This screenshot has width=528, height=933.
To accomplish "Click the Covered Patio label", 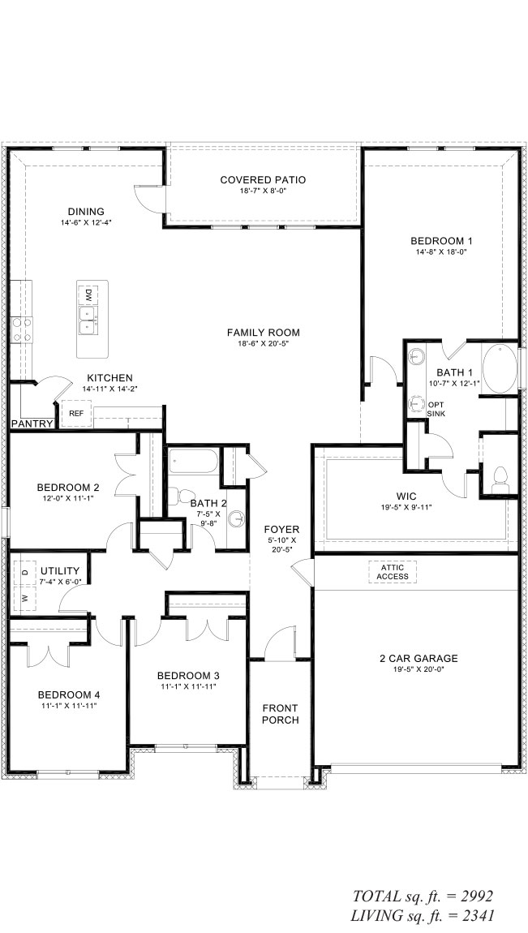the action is coord(263,179).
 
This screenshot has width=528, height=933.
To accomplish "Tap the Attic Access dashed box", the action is coord(393,572).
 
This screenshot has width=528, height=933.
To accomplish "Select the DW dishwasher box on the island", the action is coord(88,295).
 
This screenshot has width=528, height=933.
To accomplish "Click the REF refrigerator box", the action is coord(76,413).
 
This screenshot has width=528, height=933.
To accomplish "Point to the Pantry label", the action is coord(32,424).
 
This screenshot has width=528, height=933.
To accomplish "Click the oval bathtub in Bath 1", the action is coord(500,369).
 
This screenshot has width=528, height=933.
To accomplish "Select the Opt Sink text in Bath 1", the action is coord(436,410).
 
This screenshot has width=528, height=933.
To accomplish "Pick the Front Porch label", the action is coord(280,714).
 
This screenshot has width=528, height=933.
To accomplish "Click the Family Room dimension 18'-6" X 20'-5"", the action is coord(263,343).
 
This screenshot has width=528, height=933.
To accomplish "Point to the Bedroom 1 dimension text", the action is coord(441,252).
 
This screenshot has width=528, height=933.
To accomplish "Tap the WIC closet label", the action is coord(406,497).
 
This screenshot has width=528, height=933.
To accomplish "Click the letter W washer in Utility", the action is coord(25,597).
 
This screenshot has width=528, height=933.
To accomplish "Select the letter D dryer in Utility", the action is coord(25,572).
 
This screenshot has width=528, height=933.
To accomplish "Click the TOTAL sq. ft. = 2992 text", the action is coord(423,896).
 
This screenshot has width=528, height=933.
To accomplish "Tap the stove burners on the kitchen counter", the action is coord(21,329).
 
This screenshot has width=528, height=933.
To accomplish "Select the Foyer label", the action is coord(281,529).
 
